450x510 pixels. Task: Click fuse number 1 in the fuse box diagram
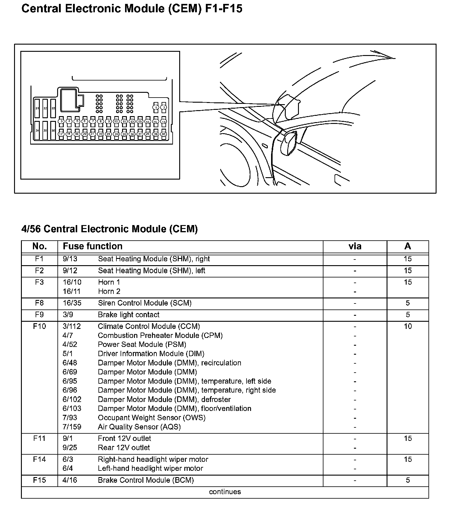156,107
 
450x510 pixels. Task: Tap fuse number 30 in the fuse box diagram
163,134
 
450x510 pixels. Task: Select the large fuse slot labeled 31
37,108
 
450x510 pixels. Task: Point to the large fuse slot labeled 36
53,130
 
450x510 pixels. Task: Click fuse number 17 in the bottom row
61,134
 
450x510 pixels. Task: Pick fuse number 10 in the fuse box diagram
116,121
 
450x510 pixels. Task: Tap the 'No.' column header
39,246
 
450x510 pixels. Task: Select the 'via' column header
355,246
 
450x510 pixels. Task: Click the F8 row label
39,303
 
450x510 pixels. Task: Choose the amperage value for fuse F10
408,326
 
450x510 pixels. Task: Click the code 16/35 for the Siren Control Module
72,303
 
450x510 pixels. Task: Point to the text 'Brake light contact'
129,315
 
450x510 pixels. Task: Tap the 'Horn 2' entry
109,291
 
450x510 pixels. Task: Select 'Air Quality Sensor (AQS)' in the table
139,427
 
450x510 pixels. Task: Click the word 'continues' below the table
225,492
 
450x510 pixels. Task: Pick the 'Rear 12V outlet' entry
124,447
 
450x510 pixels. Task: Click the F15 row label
39,480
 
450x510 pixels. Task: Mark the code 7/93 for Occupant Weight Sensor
70,418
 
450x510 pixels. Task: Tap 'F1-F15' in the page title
224,9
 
